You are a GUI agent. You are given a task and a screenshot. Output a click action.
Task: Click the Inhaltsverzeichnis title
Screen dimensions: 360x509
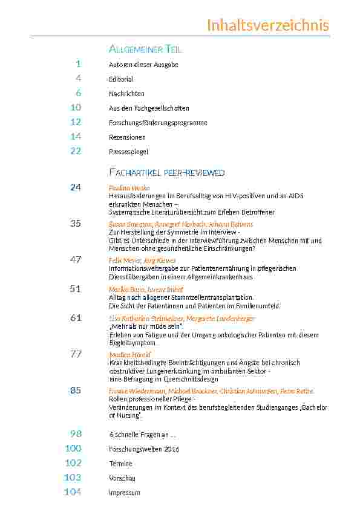[x=268, y=25]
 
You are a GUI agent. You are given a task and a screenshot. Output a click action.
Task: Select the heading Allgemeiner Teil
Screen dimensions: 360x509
[x=145, y=49]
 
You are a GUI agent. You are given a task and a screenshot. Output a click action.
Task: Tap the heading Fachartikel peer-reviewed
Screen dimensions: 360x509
[x=166, y=173]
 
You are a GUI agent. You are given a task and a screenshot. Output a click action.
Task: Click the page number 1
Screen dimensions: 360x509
[x=79, y=64]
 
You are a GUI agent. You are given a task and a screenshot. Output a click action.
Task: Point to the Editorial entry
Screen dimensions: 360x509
[x=121, y=79]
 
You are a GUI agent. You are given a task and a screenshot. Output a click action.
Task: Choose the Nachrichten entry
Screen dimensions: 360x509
[x=126, y=94]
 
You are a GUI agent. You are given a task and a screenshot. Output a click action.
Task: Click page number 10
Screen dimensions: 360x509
[x=76, y=108]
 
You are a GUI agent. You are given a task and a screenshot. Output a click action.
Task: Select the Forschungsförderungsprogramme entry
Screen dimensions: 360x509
[x=158, y=123]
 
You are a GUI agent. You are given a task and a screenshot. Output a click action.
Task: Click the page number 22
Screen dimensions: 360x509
[x=76, y=151]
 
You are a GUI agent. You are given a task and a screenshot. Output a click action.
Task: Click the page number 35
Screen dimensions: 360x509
[x=76, y=224]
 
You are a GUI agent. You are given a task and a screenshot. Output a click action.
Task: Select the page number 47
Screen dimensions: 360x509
[x=76, y=259]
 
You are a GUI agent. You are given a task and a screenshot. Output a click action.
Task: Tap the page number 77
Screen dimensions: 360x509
[x=76, y=354]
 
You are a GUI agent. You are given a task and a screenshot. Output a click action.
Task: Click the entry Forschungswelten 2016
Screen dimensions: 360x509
[x=144, y=449]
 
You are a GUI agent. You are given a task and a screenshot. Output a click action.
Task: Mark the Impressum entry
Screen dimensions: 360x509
[x=124, y=493]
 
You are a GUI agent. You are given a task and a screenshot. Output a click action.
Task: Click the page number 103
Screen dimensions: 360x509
[x=73, y=478]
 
